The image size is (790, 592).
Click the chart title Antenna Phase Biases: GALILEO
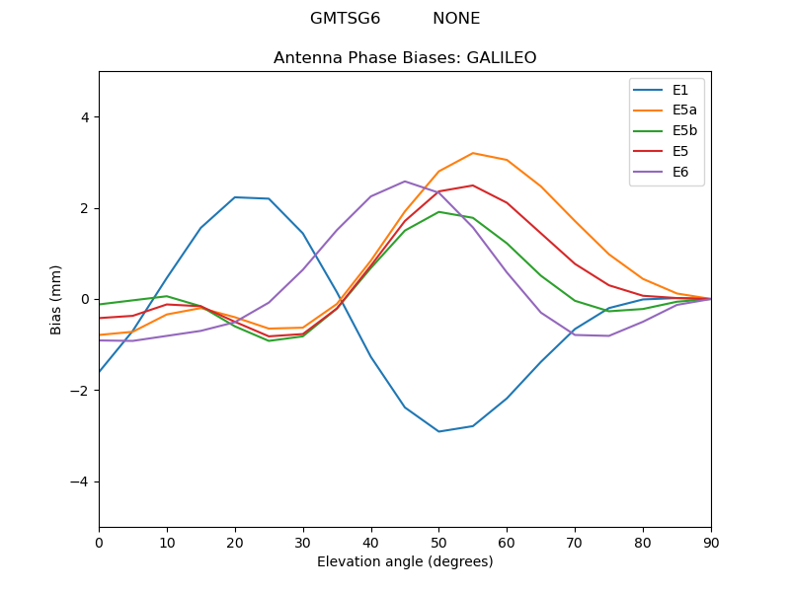click(405, 58)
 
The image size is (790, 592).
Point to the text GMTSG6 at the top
click(345, 19)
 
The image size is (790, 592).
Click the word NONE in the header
click(456, 19)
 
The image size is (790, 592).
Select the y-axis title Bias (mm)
click(57, 299)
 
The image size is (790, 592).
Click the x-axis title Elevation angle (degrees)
click(405, 562)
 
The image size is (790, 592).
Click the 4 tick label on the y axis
click(84, 116)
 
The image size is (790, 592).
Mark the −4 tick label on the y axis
click(80, 481)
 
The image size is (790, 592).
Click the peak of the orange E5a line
click(473, 153)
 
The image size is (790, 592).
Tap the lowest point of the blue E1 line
click(438, 431)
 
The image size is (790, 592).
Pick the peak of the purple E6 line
click(405, 182)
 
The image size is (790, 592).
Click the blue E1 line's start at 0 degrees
click(100, 372)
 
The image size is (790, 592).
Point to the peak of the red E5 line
click(473, 185)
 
